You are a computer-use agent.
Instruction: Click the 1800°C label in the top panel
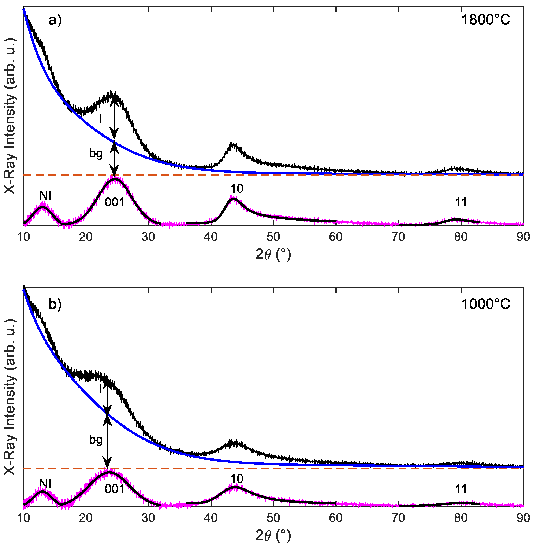tap(485, 20)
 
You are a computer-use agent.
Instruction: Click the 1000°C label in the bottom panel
tap(485, 304)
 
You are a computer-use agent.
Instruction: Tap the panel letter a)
tap(55, 20)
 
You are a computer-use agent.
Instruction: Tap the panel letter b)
tap(55, 304)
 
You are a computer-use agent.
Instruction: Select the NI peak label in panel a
tap(45, 195)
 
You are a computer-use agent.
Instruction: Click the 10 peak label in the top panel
tap(237, 189)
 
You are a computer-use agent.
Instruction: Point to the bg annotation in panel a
tap(96, 153)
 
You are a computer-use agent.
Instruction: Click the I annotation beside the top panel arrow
tap(100, 119)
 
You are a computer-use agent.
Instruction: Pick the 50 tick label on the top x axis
tap(273, 237)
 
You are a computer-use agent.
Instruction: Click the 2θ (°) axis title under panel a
tap(273, 254)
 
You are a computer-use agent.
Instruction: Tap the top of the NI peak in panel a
tap(42, 207)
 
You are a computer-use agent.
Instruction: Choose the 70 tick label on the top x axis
tap(398, 237)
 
